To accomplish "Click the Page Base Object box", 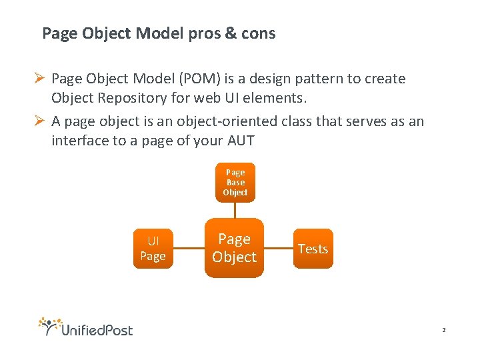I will [235, 182].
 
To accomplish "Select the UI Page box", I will [153, 248].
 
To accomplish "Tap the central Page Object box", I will [234, 248].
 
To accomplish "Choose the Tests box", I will [313, 249].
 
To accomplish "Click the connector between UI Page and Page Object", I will [189, 248].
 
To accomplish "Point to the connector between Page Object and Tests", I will [279, 248].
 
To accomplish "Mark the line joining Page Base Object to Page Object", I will [235, 209].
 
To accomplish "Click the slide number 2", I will [443, 330].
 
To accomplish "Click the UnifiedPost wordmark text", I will [97, 329].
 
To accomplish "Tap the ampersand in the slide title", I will [231, 33].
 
